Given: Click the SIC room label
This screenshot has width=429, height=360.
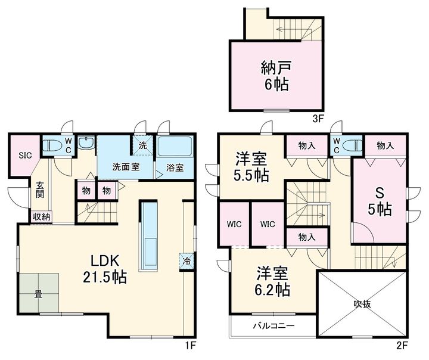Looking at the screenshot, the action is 25,156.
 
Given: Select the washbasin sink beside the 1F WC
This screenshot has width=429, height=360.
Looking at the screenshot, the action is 86,142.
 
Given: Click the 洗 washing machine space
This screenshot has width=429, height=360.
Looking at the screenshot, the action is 142,145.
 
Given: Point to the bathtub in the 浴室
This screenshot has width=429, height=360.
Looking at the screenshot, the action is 175,147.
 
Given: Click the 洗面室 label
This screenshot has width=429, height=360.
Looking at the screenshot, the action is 126,167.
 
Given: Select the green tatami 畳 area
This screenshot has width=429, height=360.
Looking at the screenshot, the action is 39,293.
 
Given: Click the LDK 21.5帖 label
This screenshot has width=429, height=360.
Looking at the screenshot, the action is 105,269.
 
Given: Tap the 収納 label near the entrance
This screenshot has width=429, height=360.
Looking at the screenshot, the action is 42,217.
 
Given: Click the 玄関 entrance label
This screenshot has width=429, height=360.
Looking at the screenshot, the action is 40,190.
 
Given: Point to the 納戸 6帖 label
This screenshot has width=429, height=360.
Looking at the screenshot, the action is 276,76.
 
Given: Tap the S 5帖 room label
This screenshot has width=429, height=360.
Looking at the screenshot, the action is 380,202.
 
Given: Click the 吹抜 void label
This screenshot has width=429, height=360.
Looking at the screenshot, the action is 362,303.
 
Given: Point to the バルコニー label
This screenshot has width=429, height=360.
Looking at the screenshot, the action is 273,326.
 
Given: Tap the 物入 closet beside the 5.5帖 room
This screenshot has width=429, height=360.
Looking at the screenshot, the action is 307,146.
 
